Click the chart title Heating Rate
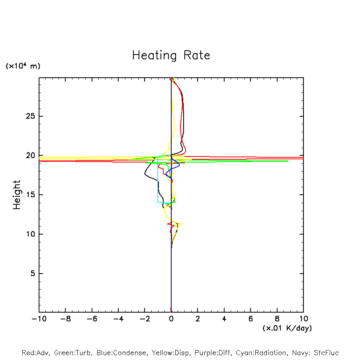point(171,55)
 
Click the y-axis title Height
point(17,195)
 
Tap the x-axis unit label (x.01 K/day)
point(287,328)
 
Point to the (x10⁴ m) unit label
point(23,66)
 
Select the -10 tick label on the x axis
point(39,319)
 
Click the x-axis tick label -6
point(92,319)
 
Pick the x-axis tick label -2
point(145,319)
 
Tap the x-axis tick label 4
point(224,319)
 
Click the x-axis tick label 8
point(277,319)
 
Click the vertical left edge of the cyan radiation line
point(158,179)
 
